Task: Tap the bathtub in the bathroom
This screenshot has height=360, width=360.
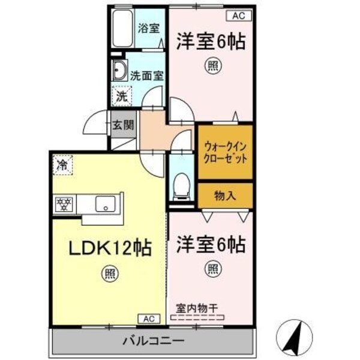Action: (x=122, y=30)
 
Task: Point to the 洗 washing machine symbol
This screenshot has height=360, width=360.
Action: (x=122, y=95)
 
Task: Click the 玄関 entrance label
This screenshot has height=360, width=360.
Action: (x=124, y=125)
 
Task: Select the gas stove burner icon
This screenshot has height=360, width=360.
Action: (x=64, y=204)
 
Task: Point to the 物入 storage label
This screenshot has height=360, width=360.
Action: (x=226, y=196)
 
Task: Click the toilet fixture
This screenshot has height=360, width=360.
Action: (x=180, y=185)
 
